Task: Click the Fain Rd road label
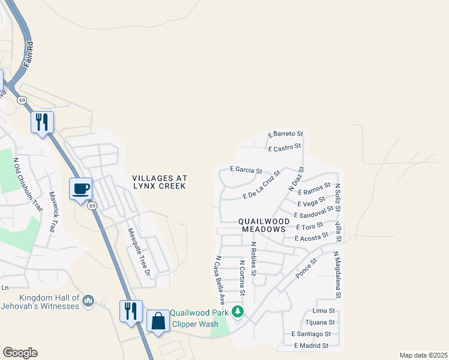28,54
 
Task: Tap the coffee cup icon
81,189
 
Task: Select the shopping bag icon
158,321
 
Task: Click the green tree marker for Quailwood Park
238,311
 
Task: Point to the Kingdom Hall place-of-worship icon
88,300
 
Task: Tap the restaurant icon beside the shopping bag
131,311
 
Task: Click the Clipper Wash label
195,324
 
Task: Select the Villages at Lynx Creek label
160,182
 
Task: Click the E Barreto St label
286,134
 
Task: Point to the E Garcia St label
246,170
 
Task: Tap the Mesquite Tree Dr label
138,251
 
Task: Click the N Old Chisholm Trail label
28,184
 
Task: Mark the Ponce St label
306,269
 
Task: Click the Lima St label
323,311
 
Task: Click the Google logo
20,353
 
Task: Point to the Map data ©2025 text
423,355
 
